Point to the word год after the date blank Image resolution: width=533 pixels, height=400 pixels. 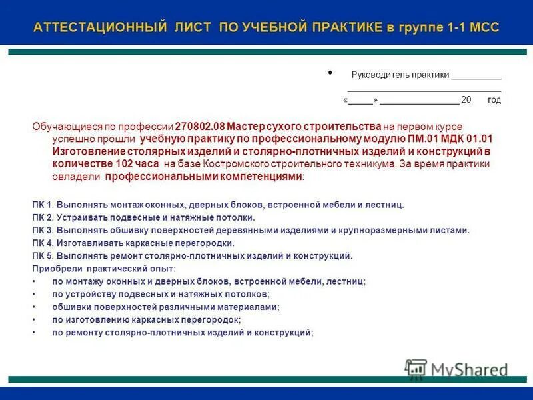point(494,100)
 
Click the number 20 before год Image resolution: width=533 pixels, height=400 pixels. point(466,100)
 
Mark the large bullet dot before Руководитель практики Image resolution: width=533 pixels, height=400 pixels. point(331,73)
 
